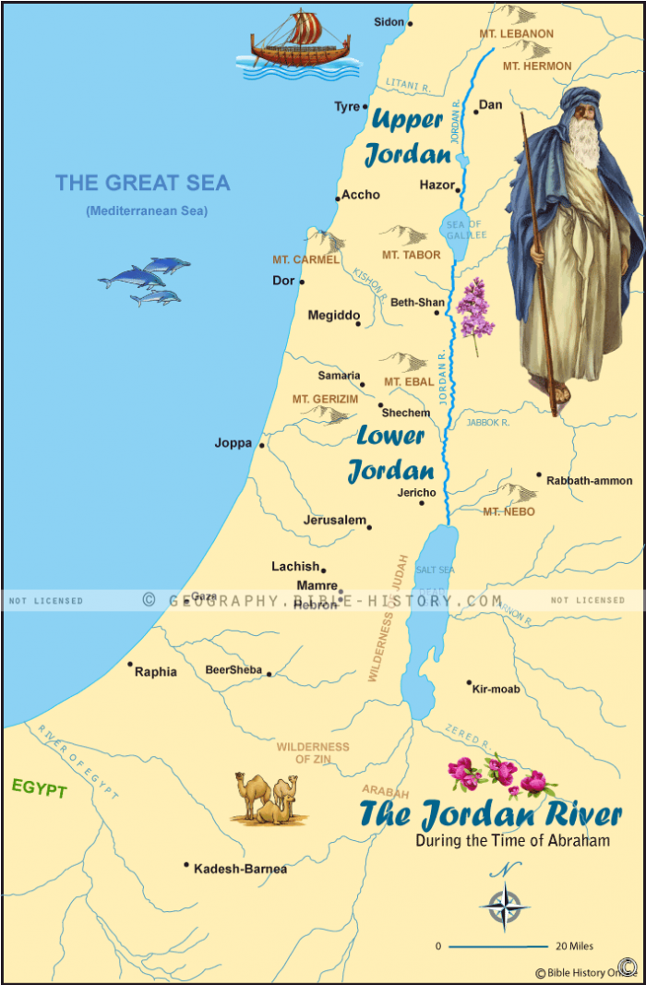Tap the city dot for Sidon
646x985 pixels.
click(x=411, y=23)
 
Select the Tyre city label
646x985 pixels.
click(x=347, y=107)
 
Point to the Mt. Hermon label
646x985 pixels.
click(x=536, y=66)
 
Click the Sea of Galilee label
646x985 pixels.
click(x=464, y=230)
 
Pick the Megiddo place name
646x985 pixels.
click(x=333, y=316)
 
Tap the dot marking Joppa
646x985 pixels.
click(x=262, y=446)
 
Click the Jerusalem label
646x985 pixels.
click(x=335, y=521)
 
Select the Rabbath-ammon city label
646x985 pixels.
click(x=590, y=481)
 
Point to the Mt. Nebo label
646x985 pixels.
click(x=508, y=511)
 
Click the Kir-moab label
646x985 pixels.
click(x=496, y=690)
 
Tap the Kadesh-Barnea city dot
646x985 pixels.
click(x=186, y=865)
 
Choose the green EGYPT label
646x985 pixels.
click(x=39, y=789)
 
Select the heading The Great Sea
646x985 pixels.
click(x=142, y=183)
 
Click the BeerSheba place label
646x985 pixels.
click(x=233, y=670)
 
